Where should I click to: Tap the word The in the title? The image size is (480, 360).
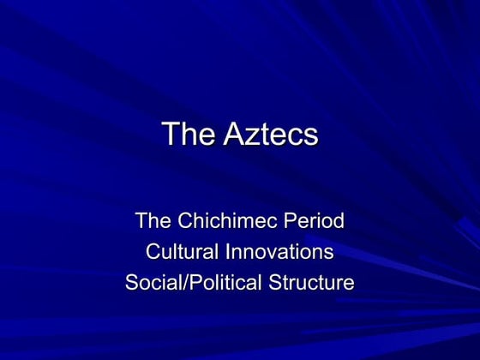coord(183,135)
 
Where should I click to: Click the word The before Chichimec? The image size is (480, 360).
coord(153,221)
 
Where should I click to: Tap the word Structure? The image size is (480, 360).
coord(313,281)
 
